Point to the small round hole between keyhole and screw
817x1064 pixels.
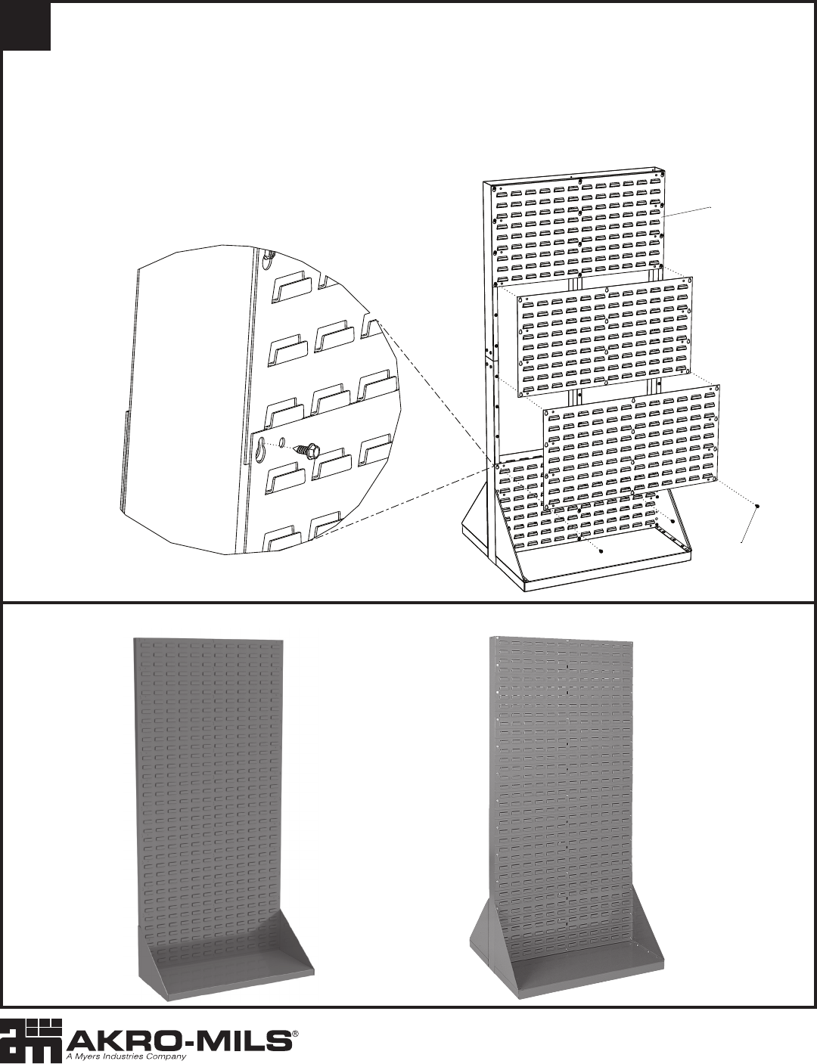pos(282,443)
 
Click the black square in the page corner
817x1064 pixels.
pos(26,26)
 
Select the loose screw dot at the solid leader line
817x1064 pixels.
pos(757,506)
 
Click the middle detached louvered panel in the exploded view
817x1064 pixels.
pos(604,337)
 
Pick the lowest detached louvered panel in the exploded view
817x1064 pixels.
pos(631,445)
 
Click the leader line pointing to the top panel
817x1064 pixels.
pos(687,212)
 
